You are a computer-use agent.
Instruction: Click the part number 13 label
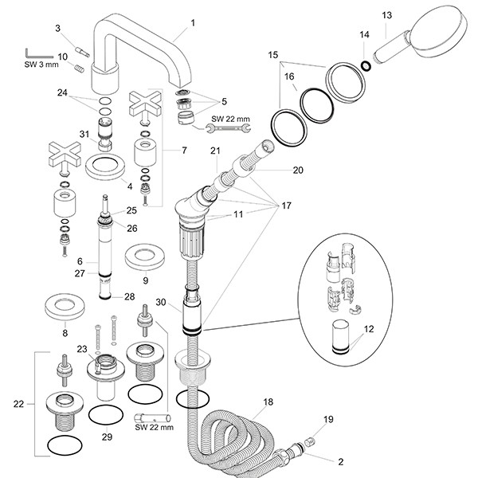coord(387,15)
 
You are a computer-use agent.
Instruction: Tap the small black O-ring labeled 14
coord(364,65)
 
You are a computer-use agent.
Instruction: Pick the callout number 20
coord(299,170)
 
